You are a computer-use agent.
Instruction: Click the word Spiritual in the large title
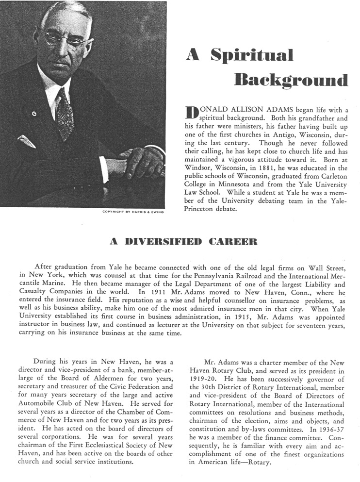pos(252,55)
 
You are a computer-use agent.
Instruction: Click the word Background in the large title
pos(291,80)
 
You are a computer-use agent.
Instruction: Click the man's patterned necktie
pos(64,114)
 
